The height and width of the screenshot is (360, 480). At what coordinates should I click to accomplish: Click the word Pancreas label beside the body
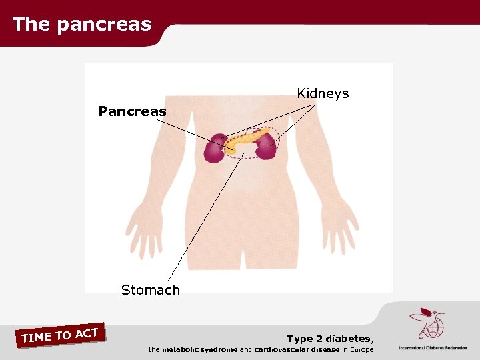pyautogui.click(x=132, y=111)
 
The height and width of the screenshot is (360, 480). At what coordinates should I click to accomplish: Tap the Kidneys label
pyautogui.click(x=323, y=93)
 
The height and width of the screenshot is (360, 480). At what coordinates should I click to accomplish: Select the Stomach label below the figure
pyautogui.click(x=151, y=290)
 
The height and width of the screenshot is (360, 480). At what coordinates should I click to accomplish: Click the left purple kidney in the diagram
pyautogui.click(x=216, y=149)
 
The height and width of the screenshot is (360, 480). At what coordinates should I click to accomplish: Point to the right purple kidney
pyautogui.click(x=265, y=146)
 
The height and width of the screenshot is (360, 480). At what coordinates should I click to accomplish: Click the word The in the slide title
pyautogui.click(x=31, y=25)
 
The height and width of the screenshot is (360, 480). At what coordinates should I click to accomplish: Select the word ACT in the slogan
pyautogui.click(x=87, y=333)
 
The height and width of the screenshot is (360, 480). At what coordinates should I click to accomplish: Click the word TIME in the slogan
pyautogui.click(x=36, y=338)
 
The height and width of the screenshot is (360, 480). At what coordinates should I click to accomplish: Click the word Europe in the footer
pyautogui.click(x=359, y=349)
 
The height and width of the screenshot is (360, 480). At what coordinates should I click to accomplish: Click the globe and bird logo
pyautogui.click(x=426, y=324)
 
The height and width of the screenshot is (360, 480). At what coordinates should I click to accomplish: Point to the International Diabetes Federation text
pyautogui.click(x=433, y=347)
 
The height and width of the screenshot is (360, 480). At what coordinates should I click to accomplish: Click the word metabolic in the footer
pyautogui.click(x=181, y=349)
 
